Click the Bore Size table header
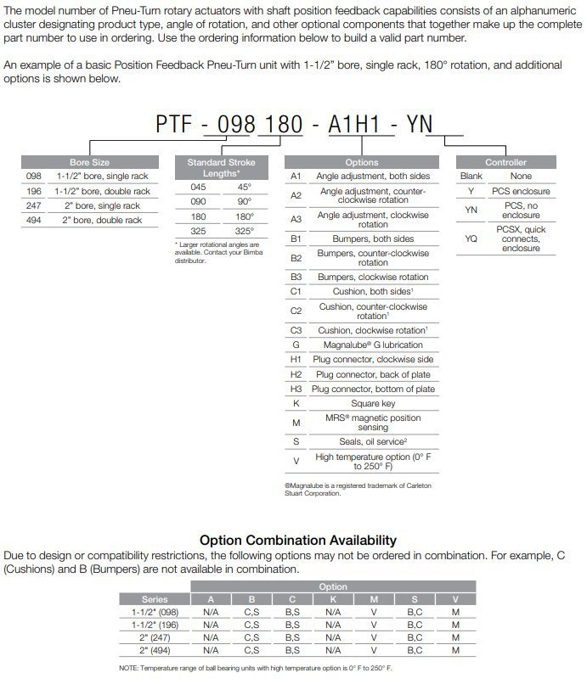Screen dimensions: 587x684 (90, 161)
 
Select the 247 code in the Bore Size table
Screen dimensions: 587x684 (34, 205)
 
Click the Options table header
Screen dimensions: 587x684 (362, 161)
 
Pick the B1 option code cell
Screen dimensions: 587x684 (296, 238)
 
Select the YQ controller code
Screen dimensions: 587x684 (471, 238)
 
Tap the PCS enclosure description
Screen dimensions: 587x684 (521, 190)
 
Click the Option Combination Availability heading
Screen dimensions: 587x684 (297, 540)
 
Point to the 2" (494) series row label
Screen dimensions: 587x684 (155, 650)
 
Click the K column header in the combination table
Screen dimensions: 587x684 (332, 599)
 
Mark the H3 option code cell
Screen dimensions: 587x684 (296, 389)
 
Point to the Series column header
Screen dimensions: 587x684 (155, 599)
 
